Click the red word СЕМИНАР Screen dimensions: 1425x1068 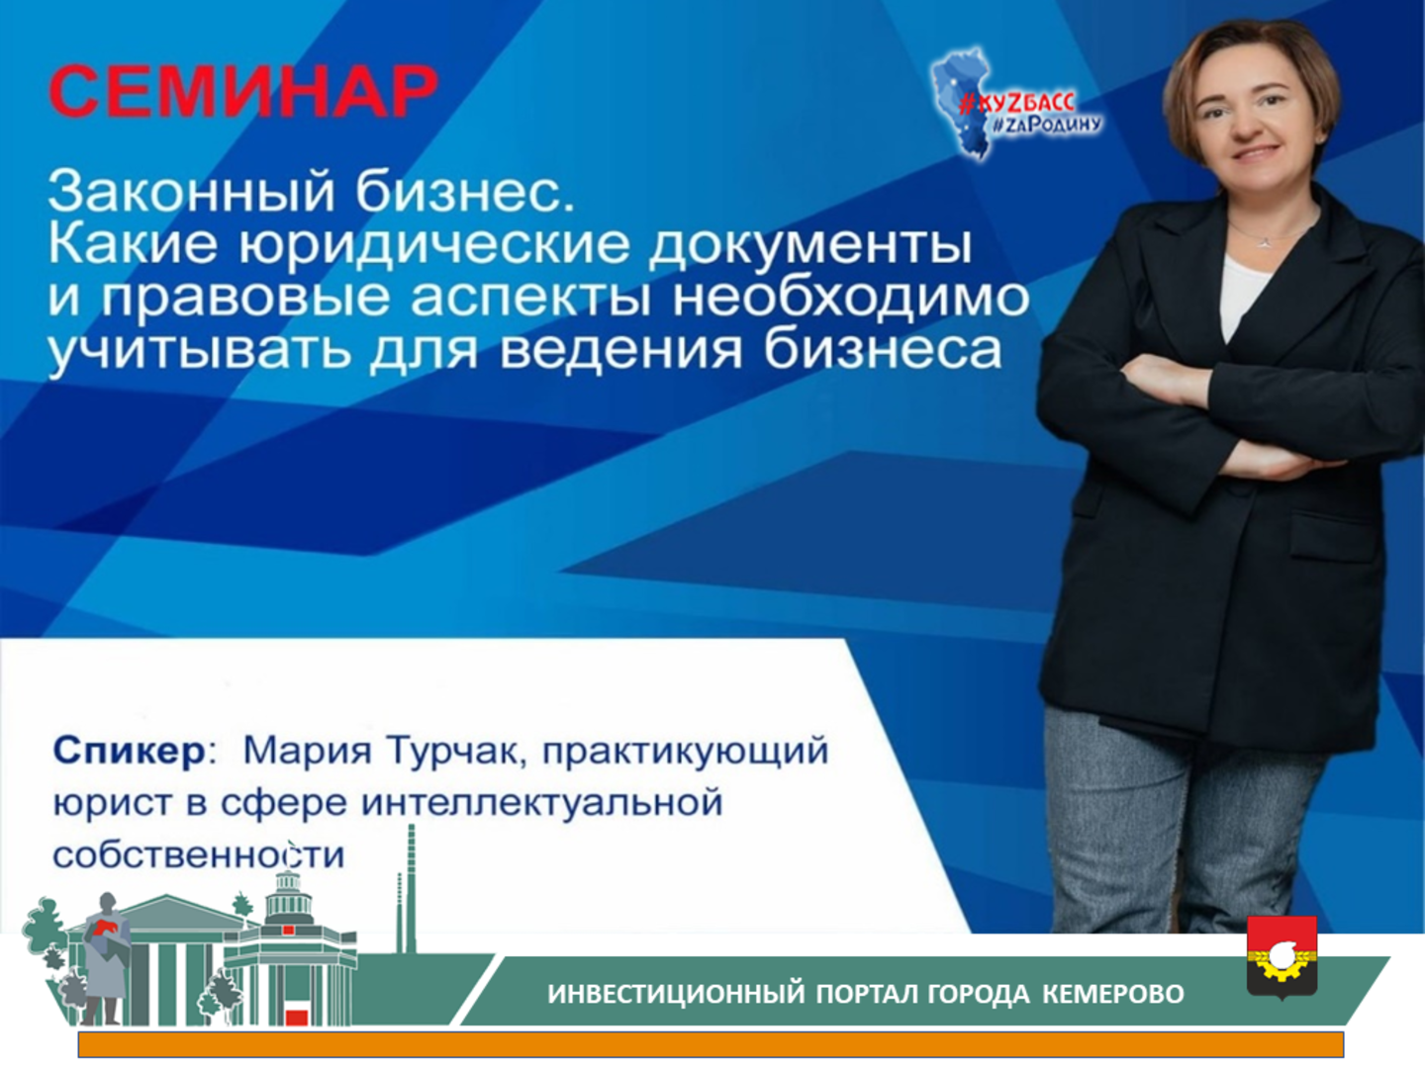point(243,91)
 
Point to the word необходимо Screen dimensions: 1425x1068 point(851,299)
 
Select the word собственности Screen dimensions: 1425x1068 point(199,855)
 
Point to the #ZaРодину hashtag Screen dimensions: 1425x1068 point(1047,125)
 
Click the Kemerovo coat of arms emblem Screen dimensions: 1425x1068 point(1282,956)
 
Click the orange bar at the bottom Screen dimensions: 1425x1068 point(711,1044)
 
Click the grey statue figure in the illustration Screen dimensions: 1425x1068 point(107,959)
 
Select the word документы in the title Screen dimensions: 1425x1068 point(810,247)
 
